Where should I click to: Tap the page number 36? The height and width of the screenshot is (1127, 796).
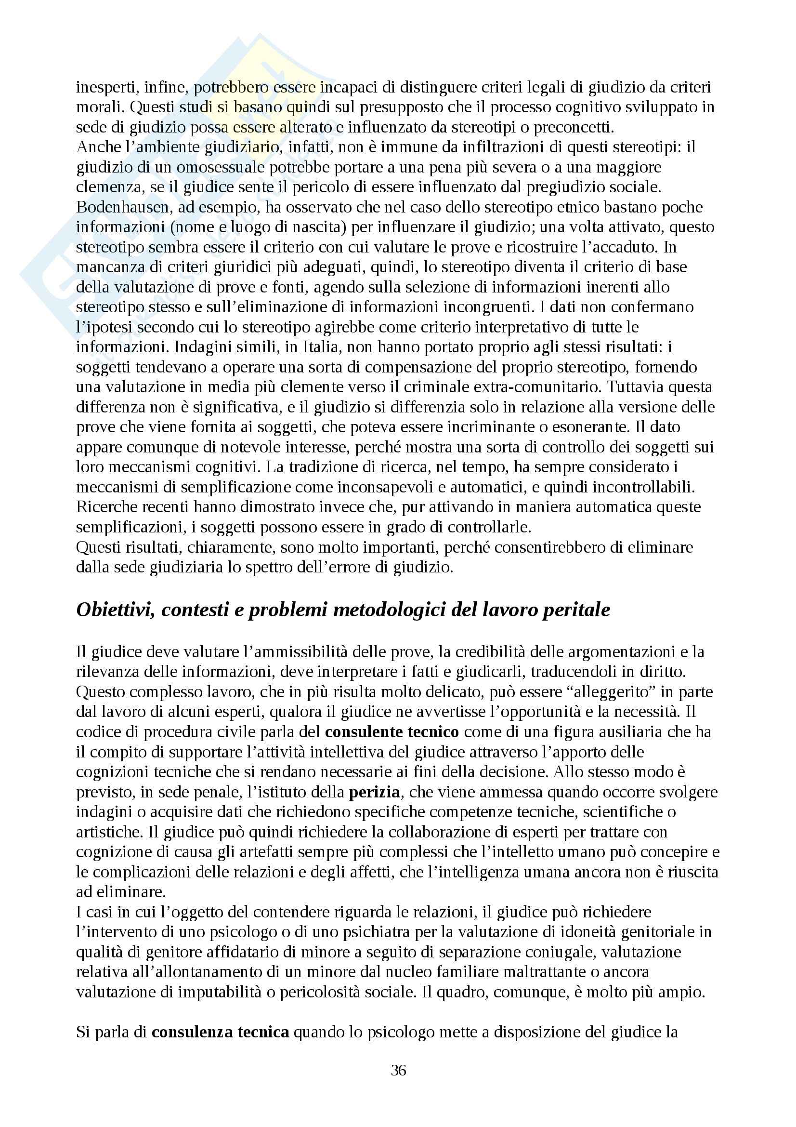point(398,1070)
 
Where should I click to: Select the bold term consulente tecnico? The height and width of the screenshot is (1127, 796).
point(392,732)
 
